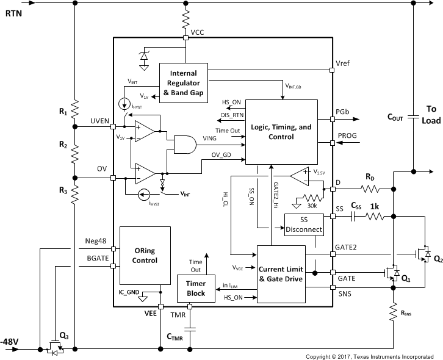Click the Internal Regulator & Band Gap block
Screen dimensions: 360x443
(183, 82)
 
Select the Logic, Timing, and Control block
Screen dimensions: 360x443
(281, 131)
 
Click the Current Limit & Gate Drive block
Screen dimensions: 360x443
(281, 274)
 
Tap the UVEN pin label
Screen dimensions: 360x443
(99, 121)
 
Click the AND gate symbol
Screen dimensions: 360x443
(185, 144)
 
